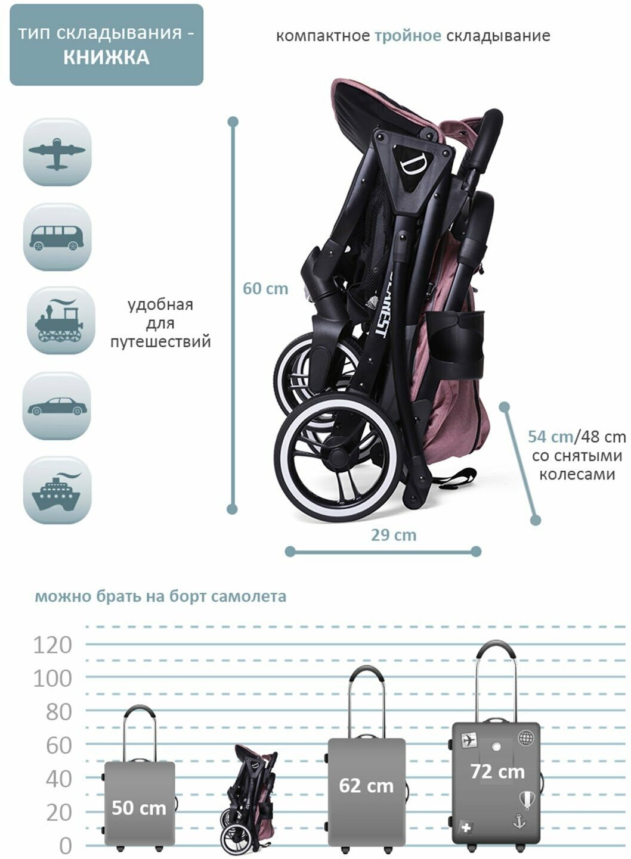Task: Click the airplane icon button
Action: pyautogui.click(x=57, y=152)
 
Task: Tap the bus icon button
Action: pyautogui.click(x=57, y=236)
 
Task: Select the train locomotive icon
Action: pyautogui.click(x=58, y=321)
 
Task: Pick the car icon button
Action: pyautogui.click(x=57, y=406)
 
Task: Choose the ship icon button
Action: pyautogui.click(x=57, y=490)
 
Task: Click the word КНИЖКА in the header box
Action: pyautogui.click(x=106, y=58)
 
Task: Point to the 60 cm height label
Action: pyautogui.click(x=265, y=289)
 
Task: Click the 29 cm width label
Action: pyautogui.click(x=394, y=535)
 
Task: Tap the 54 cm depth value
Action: pyautogui.click(x=550, y=437)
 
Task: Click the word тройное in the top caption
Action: pyautogui.click(x=408, y=36)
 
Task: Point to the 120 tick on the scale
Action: pyautogui.click(x=52, y=645)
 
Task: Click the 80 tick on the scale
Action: pyautogui.click(x=58, y=712)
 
